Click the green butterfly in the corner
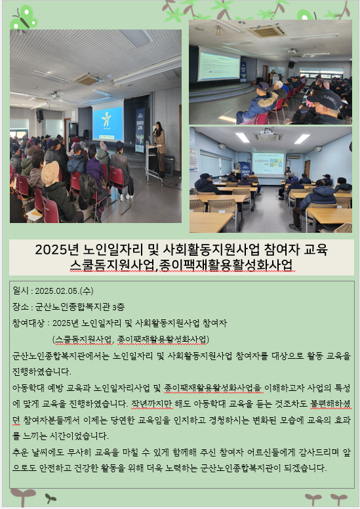click(23, 19)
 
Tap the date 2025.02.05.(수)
click(64, 291)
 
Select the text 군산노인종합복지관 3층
click(80, 307)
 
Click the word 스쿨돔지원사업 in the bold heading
click(113, 265)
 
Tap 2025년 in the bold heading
click(57, 250)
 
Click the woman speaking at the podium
click(160, 149)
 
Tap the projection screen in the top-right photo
click(219, 64)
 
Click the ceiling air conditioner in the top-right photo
click(267, 31)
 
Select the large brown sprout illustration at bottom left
click(23, 497)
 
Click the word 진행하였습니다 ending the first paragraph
click(41, 371)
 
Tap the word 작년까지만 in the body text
click(152, 404)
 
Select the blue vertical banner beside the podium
click(140, 130)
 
